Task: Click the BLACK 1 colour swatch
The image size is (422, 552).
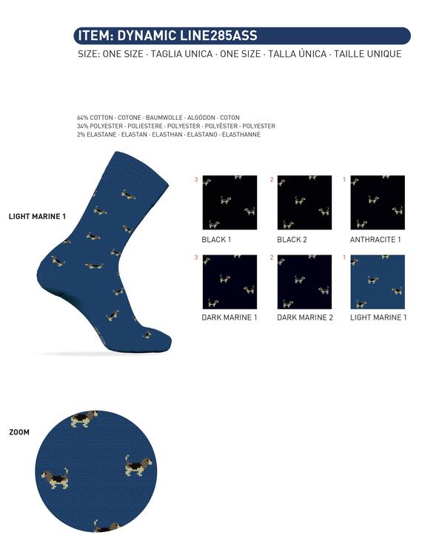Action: pos(230,203)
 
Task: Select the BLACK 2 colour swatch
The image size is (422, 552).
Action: pos(305,203)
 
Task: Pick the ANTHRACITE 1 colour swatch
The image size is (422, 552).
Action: pos(378,203)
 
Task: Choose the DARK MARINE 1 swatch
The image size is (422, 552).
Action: pos(230,282)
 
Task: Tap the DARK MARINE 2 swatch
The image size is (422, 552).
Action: pos(305,282)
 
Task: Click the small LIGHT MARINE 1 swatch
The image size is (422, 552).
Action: pos(378,282)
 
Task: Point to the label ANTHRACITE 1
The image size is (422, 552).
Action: pos(375,240)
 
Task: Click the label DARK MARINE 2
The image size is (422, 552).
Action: pos(305,317)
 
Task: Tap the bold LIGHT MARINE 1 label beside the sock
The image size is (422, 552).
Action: pos(37,217)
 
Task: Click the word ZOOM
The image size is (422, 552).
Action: pos(19,432)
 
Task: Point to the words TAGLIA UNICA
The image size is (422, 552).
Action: pos(182,54)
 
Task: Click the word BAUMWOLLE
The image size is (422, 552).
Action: pos(164,118)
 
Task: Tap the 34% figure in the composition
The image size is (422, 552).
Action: pos(82,126)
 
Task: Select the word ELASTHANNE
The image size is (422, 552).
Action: pos(241,135)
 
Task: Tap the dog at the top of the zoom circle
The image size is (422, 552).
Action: pos(84,418)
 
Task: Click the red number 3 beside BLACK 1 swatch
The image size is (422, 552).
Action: pos(196,180)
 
